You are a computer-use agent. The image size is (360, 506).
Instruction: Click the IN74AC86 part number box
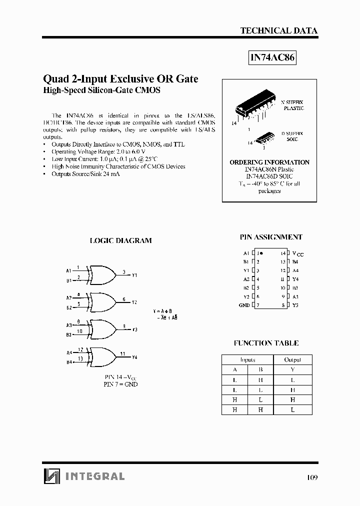click(272, 58)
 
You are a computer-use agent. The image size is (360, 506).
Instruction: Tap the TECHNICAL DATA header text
click(279, 30)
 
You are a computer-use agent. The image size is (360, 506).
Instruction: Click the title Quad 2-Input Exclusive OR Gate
click(120, 79)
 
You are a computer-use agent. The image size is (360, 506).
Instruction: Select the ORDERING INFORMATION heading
click(269, 162)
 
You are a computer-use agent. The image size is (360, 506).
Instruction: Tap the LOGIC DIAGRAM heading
click(120, 240)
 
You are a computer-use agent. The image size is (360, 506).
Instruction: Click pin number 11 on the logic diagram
click(122, 353)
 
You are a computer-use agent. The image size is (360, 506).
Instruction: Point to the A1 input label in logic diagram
click(69, 270)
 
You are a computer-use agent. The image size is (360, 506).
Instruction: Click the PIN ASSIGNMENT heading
click(270, 237)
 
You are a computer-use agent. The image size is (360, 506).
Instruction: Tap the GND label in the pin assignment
click(244, 305)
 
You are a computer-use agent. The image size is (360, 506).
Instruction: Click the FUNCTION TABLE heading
click(266, 343)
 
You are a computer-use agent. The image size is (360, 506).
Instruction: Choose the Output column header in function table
click(292, 359)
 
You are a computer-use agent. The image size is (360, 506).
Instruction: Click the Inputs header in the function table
click(247, 359)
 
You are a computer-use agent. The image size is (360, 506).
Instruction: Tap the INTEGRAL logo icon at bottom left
click(50, 476)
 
